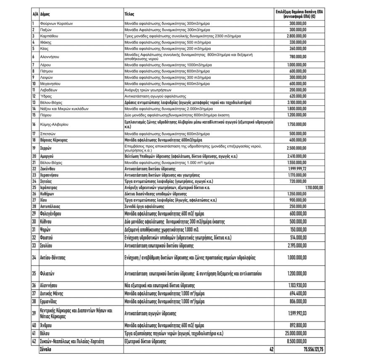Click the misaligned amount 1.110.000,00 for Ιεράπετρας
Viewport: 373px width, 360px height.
point(311,187)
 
